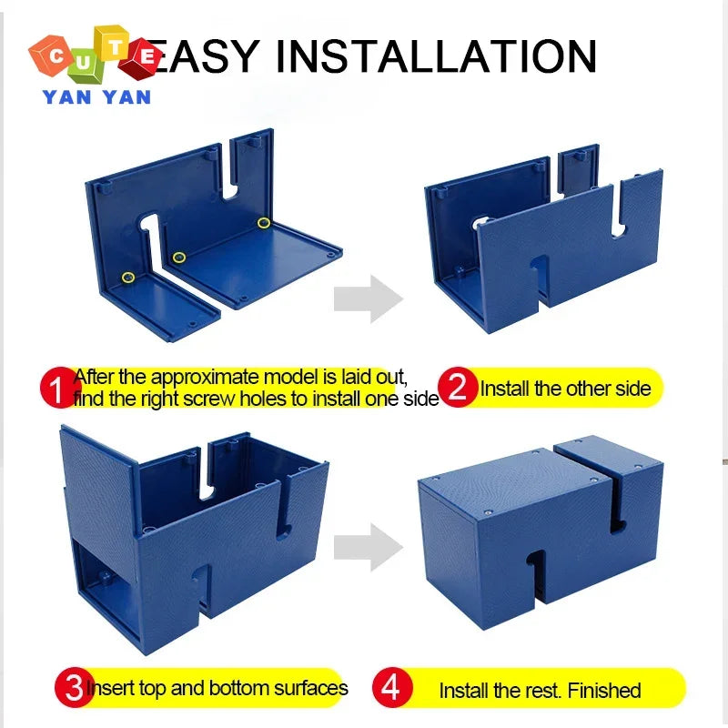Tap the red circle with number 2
point(459,389)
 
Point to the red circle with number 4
point(390,688)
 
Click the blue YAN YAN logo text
point(96,96)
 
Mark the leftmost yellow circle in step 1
point(128,277)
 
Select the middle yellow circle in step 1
point(179,258)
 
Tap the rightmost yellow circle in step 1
point(264,222)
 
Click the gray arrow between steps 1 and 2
point(368,298)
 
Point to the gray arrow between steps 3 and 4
point(368,546)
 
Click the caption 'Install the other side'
point(565,389)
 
